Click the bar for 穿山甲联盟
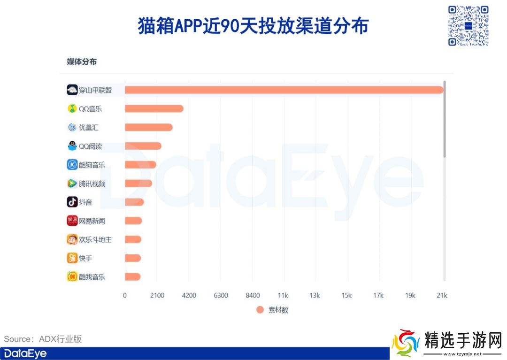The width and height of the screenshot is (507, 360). click(x=284, y=90)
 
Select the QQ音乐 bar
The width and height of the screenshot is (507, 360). click(x=154, y=108)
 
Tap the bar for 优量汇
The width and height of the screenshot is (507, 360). click(x=149, y=127)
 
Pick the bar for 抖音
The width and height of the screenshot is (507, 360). click(x=134, y=202)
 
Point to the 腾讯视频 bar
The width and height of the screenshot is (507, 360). click(x=138, y=183)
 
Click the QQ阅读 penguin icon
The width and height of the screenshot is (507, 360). click(x=72, y=146)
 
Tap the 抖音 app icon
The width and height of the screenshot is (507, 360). click(x=72, y=202)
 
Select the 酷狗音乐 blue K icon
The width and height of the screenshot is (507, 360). click(x=72, y=165)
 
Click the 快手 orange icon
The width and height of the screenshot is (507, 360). click(x=72, y=258)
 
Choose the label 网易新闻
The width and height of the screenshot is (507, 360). click(x=92, y=221)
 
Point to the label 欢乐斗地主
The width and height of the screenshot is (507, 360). click(x=95, y=239)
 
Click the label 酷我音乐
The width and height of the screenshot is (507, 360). click(x=92, y=276)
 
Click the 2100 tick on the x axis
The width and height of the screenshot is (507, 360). click(x=157, y=295)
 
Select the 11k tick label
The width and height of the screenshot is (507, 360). click(x=283, y=295)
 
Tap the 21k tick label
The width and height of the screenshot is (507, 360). click(x=442, y=295)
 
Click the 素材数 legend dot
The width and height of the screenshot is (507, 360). click(x=260, y=310)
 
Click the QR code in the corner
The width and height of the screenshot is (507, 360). click(x=468, y=25)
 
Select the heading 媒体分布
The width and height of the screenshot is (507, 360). click(x=82, y=62)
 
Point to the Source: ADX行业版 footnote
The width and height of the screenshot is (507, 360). click(x=43, y=339)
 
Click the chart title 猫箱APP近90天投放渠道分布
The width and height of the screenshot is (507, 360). click(x=253, y=26)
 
